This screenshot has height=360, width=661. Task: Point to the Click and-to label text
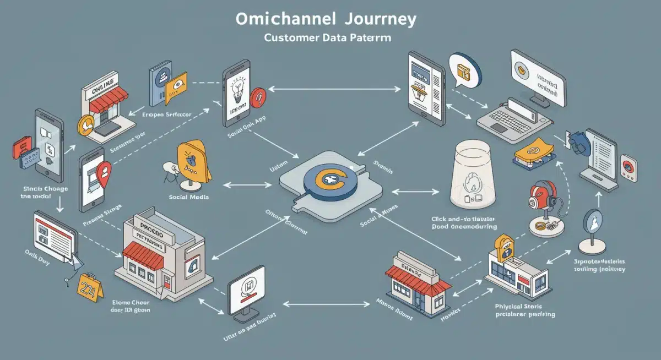[464, 219]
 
